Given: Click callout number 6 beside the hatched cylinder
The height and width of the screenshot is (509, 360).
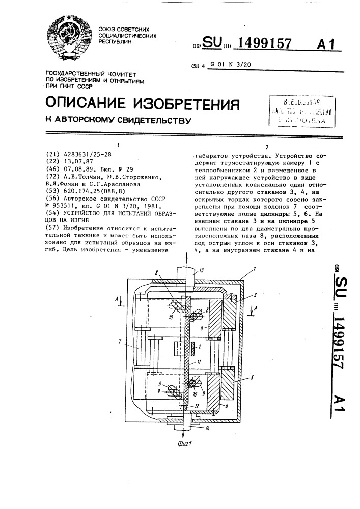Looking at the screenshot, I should click(202, 329).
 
